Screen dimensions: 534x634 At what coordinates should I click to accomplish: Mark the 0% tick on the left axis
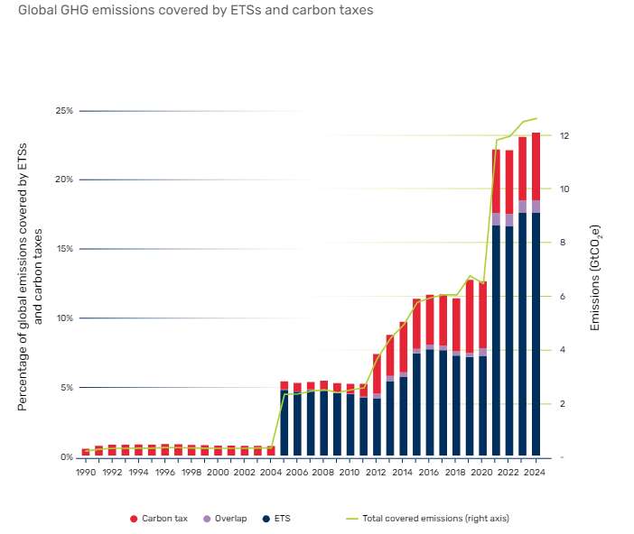(x=66, y=457)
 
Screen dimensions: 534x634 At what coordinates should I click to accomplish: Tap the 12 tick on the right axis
(x=564, y=136)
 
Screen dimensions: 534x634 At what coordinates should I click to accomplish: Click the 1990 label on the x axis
(x=86, y=472)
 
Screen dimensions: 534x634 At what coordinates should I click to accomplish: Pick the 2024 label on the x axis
(x=536, y=472)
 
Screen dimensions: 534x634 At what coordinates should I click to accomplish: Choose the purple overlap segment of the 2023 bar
(x=522, y=207)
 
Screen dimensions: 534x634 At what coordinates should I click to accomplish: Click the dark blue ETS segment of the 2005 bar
(x=284, y=424)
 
